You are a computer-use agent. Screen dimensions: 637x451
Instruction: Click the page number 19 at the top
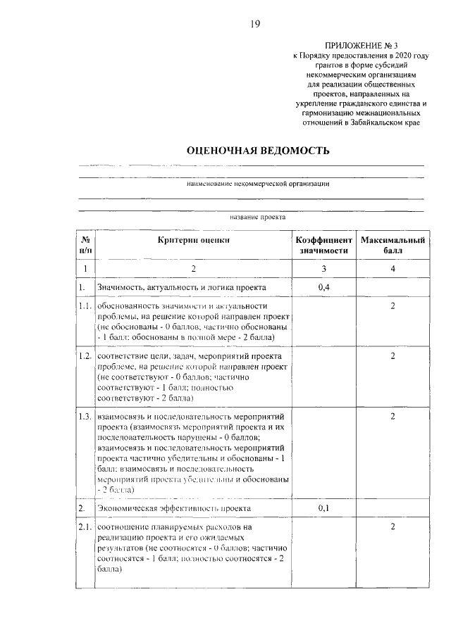click(x=255, y=25)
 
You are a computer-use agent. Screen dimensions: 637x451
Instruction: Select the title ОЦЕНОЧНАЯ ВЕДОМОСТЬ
click(x=257, y=151)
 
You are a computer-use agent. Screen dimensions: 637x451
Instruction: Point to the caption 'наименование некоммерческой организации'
click(x=258, y=184)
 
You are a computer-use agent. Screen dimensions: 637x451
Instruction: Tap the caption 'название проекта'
click(x=257, y=217)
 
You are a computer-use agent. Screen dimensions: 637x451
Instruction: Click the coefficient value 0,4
click(x=323, y=287)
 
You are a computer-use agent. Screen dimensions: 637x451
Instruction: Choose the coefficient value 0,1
click(x=323, y=507)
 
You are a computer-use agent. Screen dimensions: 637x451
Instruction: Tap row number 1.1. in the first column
click(x=86, y=306)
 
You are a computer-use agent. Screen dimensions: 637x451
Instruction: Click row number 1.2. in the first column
click(x=86, y=356)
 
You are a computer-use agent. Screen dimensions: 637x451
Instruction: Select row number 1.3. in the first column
click(x=86, y=417)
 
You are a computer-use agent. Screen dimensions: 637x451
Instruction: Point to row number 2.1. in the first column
click(x=86, y=527)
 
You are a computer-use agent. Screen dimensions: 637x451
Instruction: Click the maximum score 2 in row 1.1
click(x=393, y=306)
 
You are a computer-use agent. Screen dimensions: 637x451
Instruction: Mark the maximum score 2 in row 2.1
click(x=393, y=527)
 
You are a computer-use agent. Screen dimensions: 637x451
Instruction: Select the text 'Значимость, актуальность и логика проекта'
click(x=182, y=287)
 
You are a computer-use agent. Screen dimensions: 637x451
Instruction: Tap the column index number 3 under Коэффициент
click(x=323, y=269)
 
